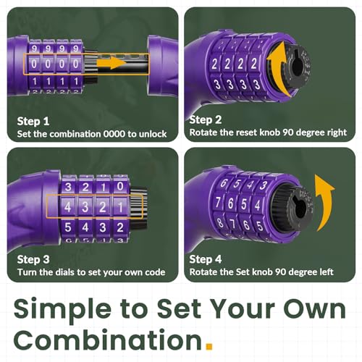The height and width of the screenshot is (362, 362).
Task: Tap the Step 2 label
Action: pos(207,120)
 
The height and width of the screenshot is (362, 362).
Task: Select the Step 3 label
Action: pos(33,258)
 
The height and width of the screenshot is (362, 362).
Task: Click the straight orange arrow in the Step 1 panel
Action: pos(111,64)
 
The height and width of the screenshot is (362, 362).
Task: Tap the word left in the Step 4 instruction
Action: pos(331,272)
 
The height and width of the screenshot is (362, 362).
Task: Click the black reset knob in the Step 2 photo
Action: pos(303,71)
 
